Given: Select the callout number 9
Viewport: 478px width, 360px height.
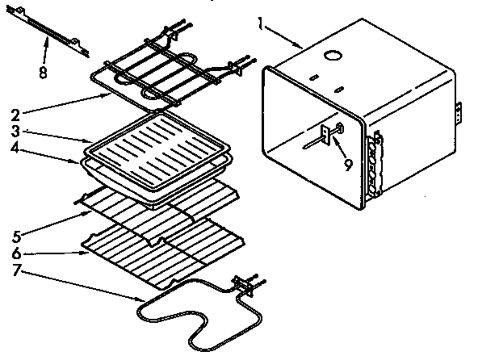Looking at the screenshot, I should (348, 165).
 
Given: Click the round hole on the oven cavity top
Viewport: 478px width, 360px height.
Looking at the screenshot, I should (332, 56).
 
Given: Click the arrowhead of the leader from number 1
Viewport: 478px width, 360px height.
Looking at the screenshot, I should (304, 48).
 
